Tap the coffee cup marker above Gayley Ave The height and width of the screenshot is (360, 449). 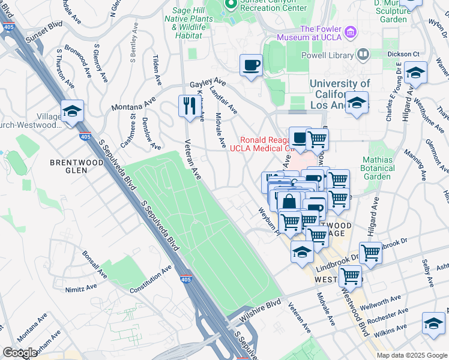(x=251, y=64)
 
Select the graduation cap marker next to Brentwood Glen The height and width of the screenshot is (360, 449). (x=72, y=112)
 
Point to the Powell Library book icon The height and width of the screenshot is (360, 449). (x=363, y=55)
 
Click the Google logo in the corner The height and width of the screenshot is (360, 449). (x=20, y=353)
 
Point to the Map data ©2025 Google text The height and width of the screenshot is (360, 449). (x=411, y=355)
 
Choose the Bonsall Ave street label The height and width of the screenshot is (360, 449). (x=94, y=264)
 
